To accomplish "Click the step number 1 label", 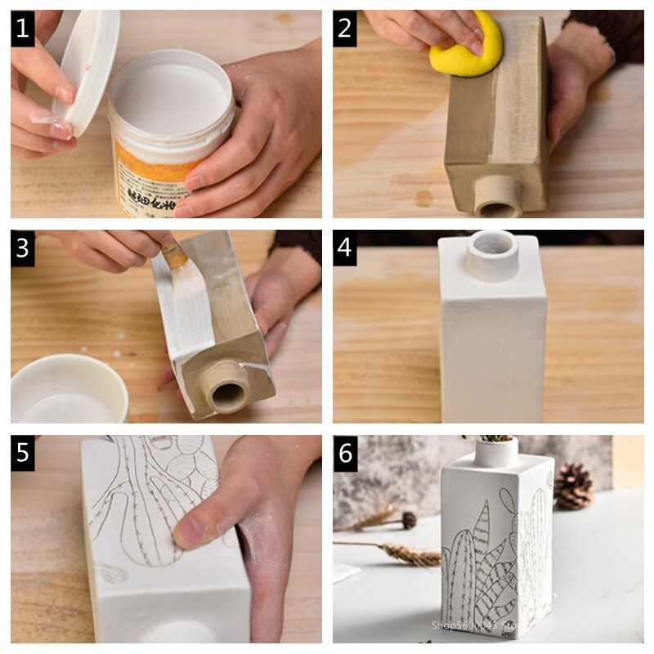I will coord(23,29).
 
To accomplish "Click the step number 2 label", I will coord(344,29).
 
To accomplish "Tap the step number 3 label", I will coord(23,249).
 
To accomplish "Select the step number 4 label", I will coord(344,249).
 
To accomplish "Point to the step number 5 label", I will coord(23,453).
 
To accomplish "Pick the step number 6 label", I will coord(344,453).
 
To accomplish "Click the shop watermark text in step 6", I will coord(474,625).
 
